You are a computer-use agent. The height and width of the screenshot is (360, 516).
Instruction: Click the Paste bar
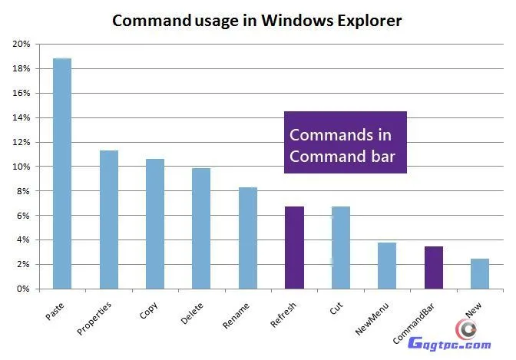click(62, 173)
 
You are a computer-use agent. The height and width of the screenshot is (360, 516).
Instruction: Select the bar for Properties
click(109, 220)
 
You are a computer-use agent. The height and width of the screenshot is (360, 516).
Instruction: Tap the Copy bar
click(155, 223)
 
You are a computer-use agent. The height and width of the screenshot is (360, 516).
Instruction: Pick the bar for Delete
click(201, 228)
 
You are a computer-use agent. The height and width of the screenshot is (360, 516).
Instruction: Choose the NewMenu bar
click(387, 266)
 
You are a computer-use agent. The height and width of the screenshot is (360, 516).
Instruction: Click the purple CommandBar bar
click(433, 267)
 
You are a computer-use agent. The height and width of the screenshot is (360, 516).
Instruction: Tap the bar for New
click(479, 273)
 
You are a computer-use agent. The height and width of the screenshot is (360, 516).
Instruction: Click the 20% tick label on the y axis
click(21, 45)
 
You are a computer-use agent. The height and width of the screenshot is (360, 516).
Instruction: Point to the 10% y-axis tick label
click(21, 167)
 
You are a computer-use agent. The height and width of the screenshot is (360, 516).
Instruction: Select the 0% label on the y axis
click(23, 289)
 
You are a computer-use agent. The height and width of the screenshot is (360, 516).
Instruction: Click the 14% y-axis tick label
click(21, 118)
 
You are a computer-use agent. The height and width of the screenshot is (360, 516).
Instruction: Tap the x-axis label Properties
click(95, 319)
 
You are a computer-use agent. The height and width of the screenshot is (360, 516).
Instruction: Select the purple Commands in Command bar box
click(345, 145)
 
